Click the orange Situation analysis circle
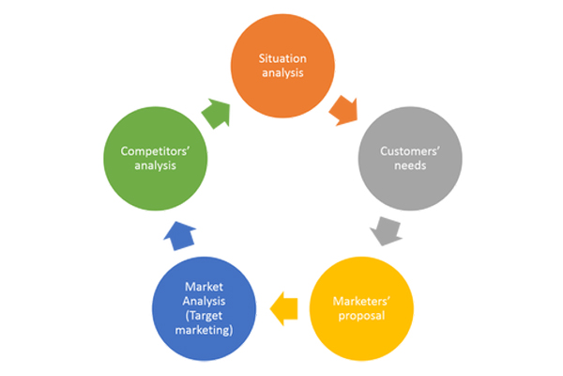click(x=282, y=66)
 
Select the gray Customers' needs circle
click(x=410, y=159)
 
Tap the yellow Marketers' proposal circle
click(x=361, y=308)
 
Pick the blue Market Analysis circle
click(x=204, y=308)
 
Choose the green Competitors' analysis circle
click(x=156, y=159)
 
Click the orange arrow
click(x=344, y=111)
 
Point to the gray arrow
click(x=387, y=231)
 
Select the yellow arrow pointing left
click(x=283, y=308)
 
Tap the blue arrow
click(x=180, y=236)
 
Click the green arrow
click(x=216, y=114)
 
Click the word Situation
click(x=282, y=58)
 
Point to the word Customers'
click(x=410, y=151)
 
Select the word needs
click(x=410, y=165)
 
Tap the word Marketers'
click(x=361, y=301)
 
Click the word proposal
click(x=361, y=316)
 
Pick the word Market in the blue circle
click(x=204, y=287)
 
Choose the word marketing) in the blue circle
click(x=204, y=330)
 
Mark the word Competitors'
click(x=155, y=151)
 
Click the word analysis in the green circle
click(x=155, y=165)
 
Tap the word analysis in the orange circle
click(x=282, y=72)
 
